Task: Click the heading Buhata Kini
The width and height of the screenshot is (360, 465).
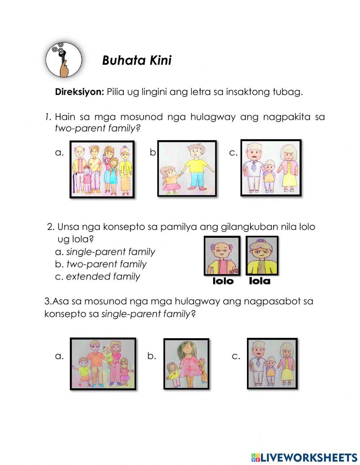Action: pos(136,61)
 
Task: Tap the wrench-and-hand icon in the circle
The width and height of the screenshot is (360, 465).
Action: pos(63,60)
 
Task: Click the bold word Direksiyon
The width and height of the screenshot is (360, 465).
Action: pos(80,92)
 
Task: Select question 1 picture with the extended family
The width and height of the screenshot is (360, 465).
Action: pos(102,169)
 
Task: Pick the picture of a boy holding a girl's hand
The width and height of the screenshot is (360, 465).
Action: pos(187,169)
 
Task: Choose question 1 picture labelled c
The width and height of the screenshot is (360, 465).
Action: pos(271,168)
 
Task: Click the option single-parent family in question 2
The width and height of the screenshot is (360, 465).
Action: pos(111,252)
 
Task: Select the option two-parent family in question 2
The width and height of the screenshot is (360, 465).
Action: pos(107,264)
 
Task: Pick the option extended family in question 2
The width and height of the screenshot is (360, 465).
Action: pos(103,277)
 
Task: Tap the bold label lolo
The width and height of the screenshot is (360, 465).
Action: pos(223,281)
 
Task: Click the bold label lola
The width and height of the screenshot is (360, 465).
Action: pos(260,281)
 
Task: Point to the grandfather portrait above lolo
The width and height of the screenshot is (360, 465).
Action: pos(222,256)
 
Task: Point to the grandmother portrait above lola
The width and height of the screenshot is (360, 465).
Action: pos(262,255)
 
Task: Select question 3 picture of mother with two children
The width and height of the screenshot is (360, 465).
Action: pos(186,364)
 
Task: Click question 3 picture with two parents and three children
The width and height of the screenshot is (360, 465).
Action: pos(103,364)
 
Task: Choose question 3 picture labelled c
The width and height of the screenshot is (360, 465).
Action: pos(272,363)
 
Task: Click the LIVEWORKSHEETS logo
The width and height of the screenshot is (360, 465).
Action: pos(304,452)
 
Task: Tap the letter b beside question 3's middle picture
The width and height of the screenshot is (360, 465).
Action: pos(152,356)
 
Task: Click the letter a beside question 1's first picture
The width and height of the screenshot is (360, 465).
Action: pos(59,152)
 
